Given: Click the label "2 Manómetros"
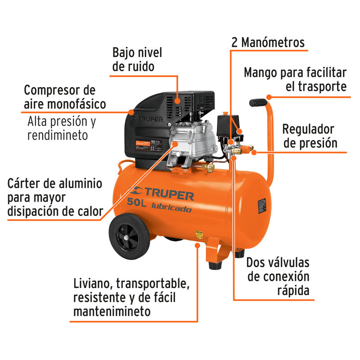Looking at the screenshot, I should point(268,43).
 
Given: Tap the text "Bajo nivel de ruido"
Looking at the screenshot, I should point(137,59).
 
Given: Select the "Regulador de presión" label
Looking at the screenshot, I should point(309,136).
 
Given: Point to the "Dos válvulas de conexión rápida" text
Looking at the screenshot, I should point(278,276).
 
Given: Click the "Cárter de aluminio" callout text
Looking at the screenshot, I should point(54,184).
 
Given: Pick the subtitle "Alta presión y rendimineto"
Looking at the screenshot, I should point(61,128).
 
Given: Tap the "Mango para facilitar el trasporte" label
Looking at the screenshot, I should point(295,79).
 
